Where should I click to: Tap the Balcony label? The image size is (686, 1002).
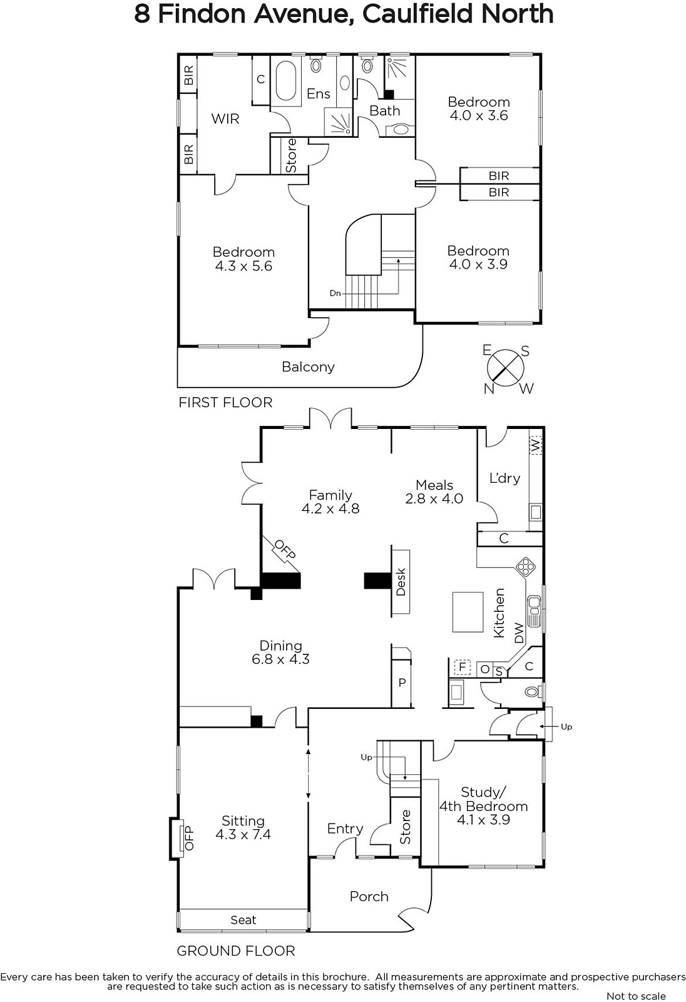pyautogui.click(x=308, y=367)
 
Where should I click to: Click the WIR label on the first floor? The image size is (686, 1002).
pyautogui.click(x=225, y=119)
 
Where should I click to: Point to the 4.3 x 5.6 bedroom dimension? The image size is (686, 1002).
pyautogui.click(x=243, y=266)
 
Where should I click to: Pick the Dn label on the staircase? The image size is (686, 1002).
pyautogui.click(x=335, y=294)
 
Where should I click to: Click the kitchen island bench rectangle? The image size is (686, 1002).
pyautogui.click(x=468, y=611)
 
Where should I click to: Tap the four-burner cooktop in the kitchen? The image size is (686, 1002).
pyautogui.click(x=526, y=567)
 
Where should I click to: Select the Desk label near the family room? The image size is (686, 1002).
pyautogui.click(x=401, y=582)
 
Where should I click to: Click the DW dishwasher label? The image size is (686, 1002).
pyautogui.click(x=519, y=633)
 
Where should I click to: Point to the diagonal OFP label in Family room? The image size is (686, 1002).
pyautogui.click(x=284, y=550)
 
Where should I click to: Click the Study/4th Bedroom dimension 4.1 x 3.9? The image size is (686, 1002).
pyautogui.click(x=483, y=820)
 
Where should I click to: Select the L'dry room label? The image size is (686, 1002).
pyautogui.click(x=505, y=478)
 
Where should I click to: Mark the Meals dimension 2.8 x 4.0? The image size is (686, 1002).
pyautogui.click(x=434, y=498)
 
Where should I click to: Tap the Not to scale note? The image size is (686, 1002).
pyautogui.click(x=637, y=996)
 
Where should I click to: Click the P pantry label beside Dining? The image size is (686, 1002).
pyautogui.click(x=402, y=683)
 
